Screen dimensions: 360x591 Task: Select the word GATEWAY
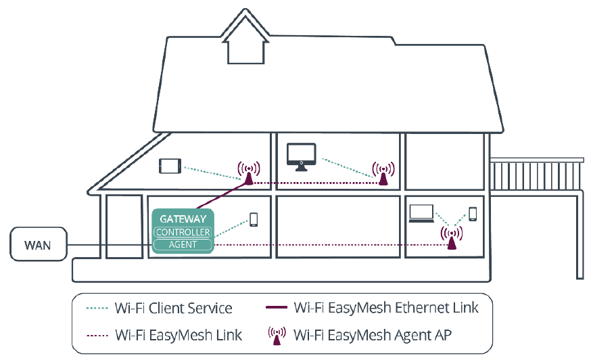[183, 219]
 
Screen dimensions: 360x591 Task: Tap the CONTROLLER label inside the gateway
[183, 232]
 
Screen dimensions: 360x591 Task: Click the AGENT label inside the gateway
[183, 244]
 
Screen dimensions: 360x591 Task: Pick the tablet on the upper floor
[170, 166]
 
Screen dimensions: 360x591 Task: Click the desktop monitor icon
[301, 155]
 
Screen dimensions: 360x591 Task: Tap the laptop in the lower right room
[422, 213]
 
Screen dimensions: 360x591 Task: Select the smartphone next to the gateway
[254, 219]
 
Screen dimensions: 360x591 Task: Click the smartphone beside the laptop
[473, 214]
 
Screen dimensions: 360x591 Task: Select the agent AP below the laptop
[452, 238]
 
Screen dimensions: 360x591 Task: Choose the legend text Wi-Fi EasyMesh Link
[179, 334]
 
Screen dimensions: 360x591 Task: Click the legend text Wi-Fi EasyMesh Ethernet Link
[386, 308]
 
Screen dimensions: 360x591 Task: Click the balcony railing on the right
[536, 174]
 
